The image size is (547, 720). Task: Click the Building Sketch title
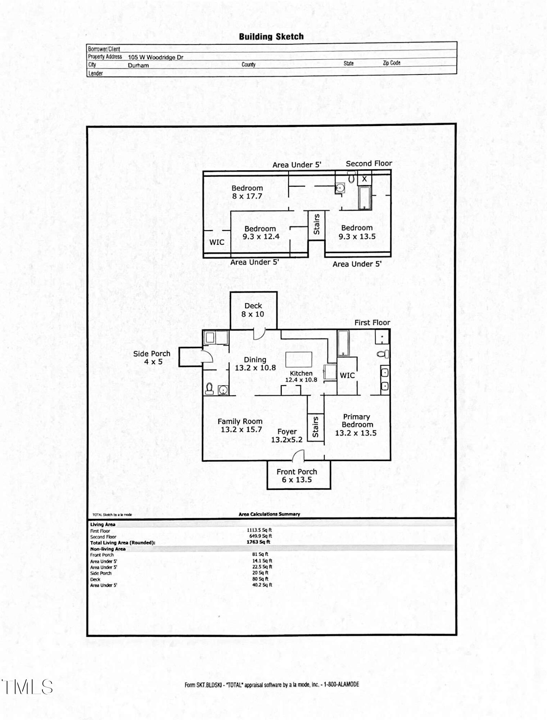[271, 36]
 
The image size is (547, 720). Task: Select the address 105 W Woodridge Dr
[155, 57]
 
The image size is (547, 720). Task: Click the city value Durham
[138, 66]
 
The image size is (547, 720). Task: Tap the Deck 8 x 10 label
[253, 310]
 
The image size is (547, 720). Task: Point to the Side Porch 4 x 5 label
[152, 357]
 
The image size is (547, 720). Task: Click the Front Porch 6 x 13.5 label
[297, 476]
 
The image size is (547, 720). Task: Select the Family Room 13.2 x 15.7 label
[240, 425]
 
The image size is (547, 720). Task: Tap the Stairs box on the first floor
[316, 427]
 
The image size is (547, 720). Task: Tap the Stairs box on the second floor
[317, 224]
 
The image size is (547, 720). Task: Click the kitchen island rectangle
[299, 359]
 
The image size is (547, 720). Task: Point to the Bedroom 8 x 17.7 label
[247, 192]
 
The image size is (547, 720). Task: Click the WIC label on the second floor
[217, 242]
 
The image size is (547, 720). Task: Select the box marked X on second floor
[365, 179]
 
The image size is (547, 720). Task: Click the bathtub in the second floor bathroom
[365, 198]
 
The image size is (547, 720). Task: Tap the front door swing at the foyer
[298, 456]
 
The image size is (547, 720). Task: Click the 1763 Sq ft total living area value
[258, 542]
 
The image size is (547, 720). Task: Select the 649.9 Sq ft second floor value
[261, 536]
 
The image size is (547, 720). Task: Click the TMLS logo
[27, 687]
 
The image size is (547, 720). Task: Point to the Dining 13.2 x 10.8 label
[255, 364]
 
